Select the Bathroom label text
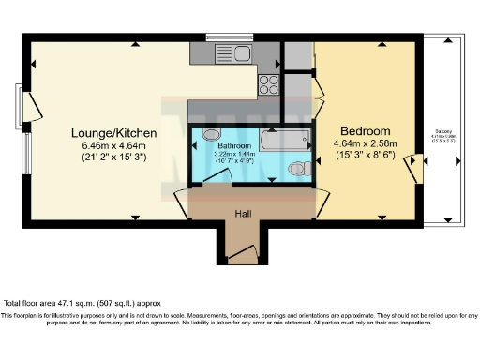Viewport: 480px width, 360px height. [x=233, y=148]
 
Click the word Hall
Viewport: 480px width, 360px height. [x=243, y=213]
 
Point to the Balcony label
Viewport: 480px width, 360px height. [x=445, y=132]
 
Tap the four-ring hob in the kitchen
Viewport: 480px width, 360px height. [x=269, y=84]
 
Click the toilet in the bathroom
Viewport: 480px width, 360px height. [x=299, y=169]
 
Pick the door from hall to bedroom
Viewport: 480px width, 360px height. [x=322, y=198]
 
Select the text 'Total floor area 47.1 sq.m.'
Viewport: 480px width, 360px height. [x=66, y=304]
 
